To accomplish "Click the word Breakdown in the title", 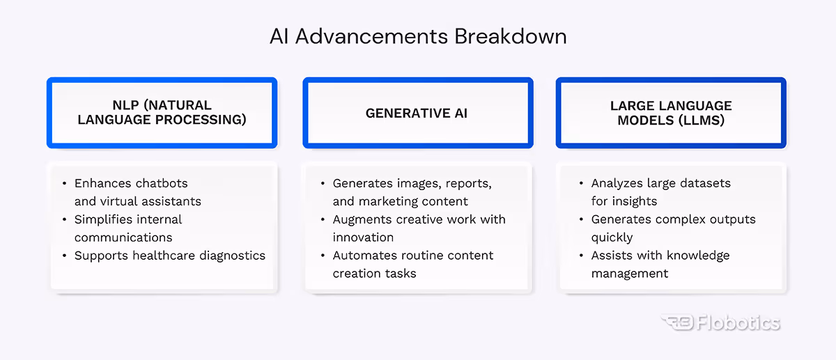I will point(511,36).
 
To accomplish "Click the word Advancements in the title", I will point(372,36).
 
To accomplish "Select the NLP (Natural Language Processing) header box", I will point(162,113).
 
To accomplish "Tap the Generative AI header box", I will point(417,113).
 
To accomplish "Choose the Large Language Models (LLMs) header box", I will point(671,113).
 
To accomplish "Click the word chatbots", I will point(161,184).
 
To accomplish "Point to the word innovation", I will point(363,237).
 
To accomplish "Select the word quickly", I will point(612,237).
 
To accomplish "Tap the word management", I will point(630,274).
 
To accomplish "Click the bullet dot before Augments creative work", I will point(323,219).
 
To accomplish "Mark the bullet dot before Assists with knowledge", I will point(582,256).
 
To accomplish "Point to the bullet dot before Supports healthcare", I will point(65,256).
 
